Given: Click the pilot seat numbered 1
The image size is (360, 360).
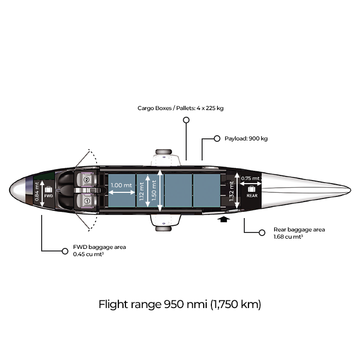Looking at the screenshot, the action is click(86, 201).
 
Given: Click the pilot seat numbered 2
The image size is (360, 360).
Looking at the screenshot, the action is click(86, 179).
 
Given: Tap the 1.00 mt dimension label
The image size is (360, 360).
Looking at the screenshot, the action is click(121, 185).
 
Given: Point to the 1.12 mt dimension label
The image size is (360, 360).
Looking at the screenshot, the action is click(141, 191).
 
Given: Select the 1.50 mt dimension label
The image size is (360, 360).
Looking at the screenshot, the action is click(154, 190).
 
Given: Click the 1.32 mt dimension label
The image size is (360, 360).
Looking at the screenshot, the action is click(231, 191).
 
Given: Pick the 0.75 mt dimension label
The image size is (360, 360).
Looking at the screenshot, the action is click(250, 178).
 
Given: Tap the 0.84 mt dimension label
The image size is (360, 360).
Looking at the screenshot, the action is click(37, 192).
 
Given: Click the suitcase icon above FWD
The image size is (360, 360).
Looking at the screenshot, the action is click(48, 189).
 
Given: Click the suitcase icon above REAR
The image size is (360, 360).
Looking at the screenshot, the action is click(251, 189).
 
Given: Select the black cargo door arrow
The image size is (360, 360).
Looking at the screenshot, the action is click(224, 219).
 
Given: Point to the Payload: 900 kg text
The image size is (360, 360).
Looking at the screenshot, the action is click(246, 138).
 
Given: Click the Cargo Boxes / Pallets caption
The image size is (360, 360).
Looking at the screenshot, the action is click(181, 108).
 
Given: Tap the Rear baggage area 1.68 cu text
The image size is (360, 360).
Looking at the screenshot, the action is click(299, 233).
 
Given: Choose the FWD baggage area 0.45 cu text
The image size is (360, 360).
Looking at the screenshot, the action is click(99, 250).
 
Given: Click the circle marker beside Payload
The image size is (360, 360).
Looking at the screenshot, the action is click(217, 138).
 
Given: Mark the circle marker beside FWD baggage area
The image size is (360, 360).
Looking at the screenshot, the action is click(65, 251).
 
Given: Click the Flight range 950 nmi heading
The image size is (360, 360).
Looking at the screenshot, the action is click(180, 304).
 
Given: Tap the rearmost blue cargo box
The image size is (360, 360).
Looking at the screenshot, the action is click(207, 190).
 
